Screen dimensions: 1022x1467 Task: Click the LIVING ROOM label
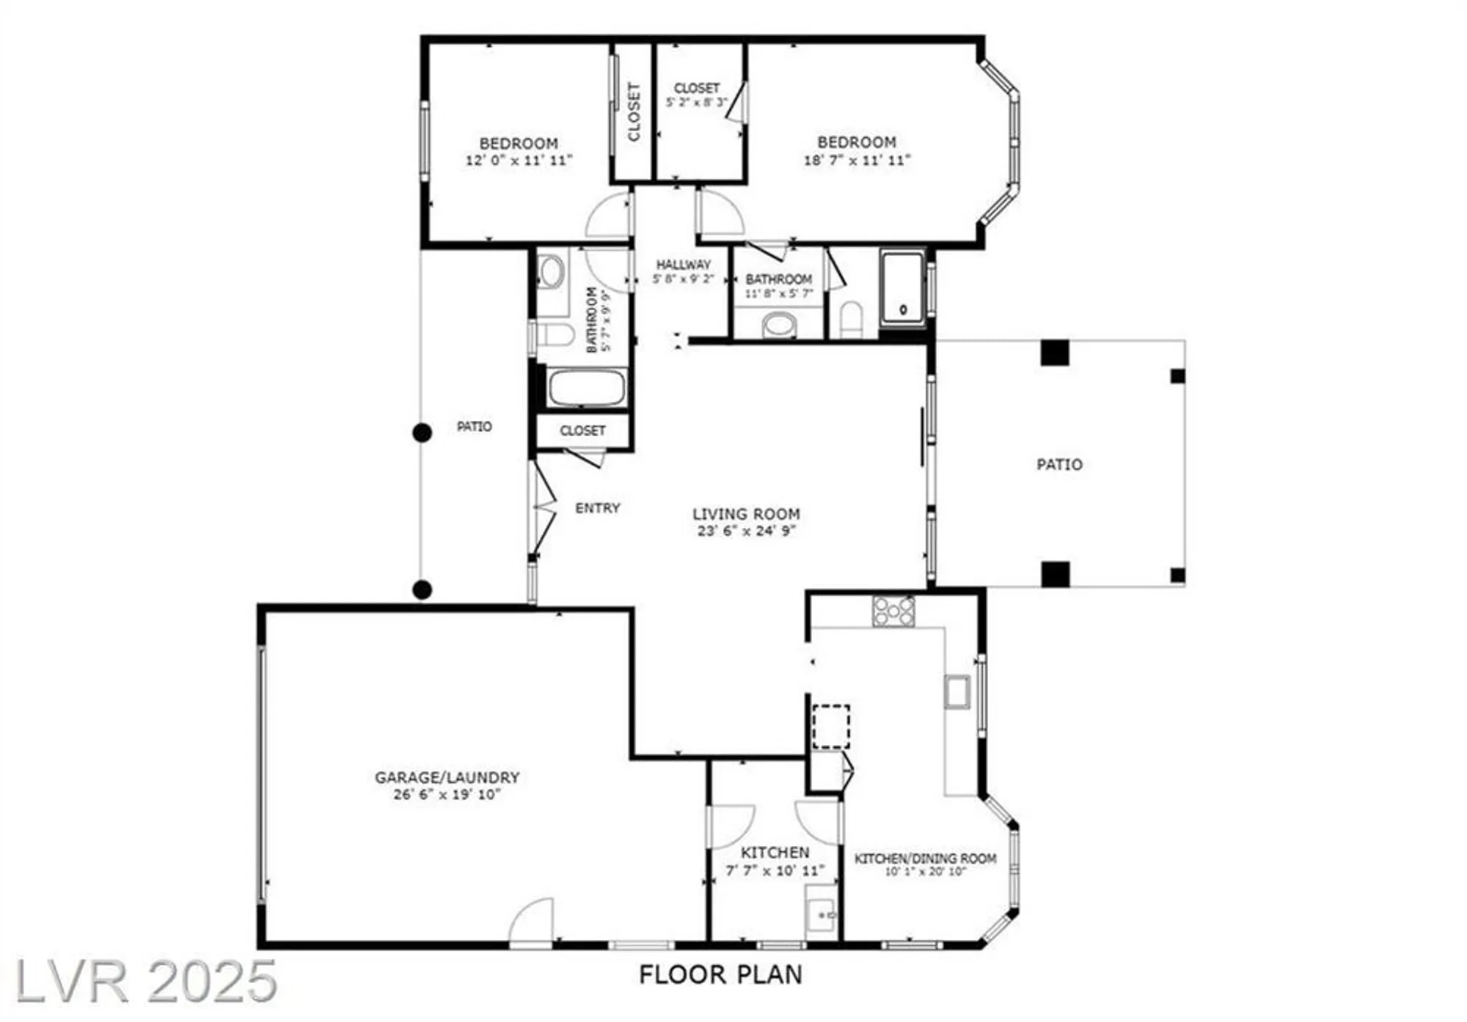click(746, 514)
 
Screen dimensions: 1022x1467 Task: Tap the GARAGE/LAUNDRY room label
click(447, 777)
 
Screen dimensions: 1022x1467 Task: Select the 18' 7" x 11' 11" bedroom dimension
click(857, 160)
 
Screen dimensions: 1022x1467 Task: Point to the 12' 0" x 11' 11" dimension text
click(519, 160)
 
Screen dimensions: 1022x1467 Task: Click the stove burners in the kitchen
click(893, 611)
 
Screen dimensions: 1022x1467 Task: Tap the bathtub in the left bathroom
click(586, 388)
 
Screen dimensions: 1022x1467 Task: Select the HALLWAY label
click(683, 264)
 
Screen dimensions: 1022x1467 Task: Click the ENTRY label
click(597, 507)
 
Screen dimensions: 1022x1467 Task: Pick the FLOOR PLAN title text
click(720, 974)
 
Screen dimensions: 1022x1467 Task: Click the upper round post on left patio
click(422, 433)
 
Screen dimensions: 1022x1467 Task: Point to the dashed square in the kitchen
click(831, 727)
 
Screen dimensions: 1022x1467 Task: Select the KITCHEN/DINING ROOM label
click(925, 858)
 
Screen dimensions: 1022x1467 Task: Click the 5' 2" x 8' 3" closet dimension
click(696, 103)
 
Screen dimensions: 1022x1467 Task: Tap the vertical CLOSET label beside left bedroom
click(634, 111)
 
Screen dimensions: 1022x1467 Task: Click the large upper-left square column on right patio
click(1055, 353)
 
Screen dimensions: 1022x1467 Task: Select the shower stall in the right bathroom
click(903, 287)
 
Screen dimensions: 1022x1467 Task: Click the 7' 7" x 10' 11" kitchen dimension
click(775, 870)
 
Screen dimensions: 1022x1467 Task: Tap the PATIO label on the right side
click(1059, 464)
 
